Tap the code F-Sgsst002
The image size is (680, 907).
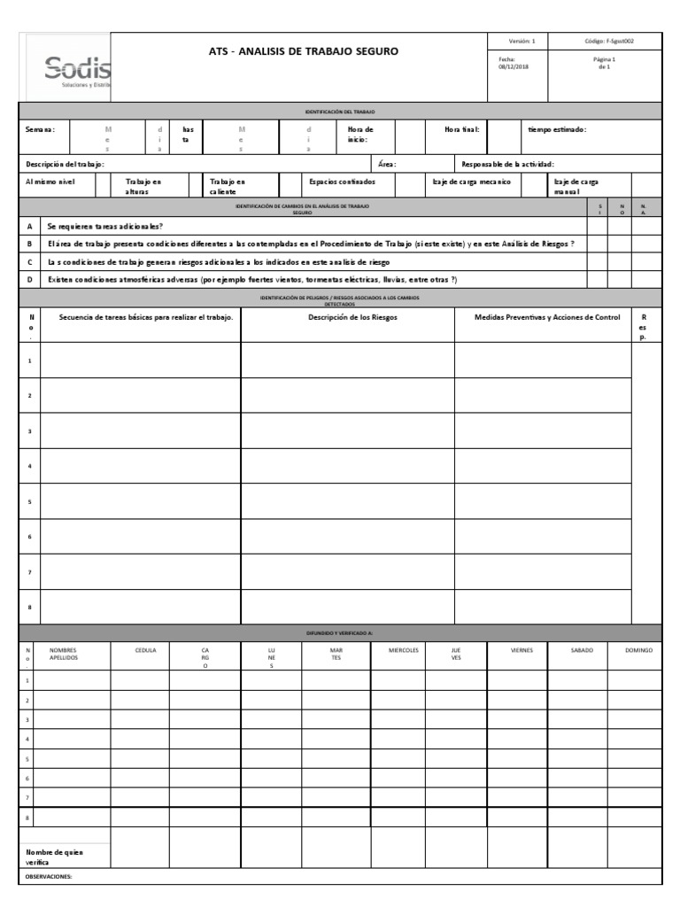(x=609, y=41)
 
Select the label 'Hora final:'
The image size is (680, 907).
(x=462, y=129)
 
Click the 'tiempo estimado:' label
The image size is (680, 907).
(x=556, y=129)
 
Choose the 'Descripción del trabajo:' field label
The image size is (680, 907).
(x=66, y=164)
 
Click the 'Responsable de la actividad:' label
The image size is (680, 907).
(x=508, y=164)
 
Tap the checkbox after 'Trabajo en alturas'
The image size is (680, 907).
(x=196, y=185)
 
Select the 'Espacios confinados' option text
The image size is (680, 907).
(x=342, y=181)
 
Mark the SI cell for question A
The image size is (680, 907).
(x=598, y=226)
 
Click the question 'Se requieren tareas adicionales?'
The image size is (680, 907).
(x=105, y=226)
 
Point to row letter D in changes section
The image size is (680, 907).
(x=29, y=280)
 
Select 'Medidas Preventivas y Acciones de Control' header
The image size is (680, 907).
(x=547, y=317)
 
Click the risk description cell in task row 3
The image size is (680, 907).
(x=348, y=430)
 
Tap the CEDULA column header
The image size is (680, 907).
(x=145, y=650)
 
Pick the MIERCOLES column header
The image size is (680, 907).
(x=404, y=650)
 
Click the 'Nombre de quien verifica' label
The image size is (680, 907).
(x=55, y=856)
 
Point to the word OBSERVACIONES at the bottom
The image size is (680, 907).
(x=49, y=877)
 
